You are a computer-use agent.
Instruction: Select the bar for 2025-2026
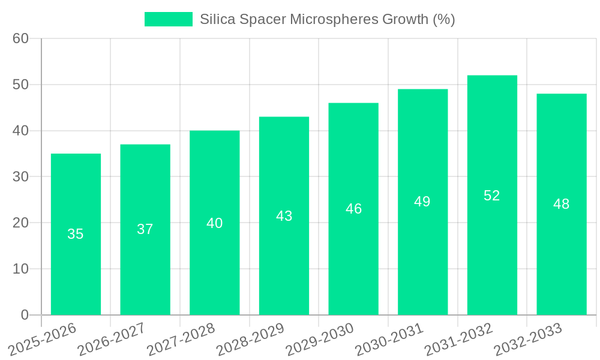76,234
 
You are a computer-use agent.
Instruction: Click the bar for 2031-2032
492,195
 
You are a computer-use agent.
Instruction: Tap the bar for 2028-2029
284,215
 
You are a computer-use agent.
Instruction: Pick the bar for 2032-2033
562,204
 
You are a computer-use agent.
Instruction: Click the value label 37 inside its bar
145,229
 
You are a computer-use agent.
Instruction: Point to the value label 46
353,209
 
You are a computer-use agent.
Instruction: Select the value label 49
422,202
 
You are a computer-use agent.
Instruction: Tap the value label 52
492,196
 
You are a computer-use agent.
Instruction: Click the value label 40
215,223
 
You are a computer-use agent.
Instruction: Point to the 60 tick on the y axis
20,38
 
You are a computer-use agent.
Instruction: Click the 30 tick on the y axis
20,176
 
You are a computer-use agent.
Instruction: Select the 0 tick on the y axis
25,315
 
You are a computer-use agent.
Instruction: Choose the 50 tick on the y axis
20,85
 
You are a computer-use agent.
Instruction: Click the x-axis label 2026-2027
111,339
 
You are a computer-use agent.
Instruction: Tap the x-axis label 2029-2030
319,339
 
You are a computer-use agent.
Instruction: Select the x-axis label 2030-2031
389,339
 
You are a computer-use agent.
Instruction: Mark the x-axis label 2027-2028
181,339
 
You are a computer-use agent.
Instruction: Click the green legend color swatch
169,19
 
